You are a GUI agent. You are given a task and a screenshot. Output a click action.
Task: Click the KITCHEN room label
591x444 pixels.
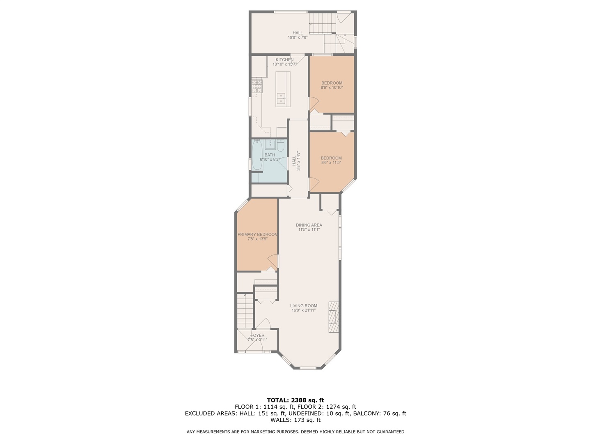pos(284,60)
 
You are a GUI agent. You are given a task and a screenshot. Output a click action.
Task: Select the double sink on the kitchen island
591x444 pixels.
pos(281,97)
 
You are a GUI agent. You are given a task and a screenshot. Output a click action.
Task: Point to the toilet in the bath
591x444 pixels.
pos(281,146)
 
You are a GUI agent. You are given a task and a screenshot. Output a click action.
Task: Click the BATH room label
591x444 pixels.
pos(270,155)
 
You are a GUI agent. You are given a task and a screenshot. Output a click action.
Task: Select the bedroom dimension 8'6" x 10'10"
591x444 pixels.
pos(331,88)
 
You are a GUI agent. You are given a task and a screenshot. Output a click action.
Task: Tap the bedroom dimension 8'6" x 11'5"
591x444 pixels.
pos(331,163)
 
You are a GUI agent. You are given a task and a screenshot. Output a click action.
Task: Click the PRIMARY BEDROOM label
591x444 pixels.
pos(257,234)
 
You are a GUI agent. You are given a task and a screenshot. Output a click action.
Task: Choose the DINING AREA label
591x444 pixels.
pos(309,225)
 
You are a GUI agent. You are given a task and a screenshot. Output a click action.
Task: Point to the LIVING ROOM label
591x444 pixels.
pos(303,305)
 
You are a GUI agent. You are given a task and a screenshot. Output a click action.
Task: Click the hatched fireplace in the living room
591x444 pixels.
pos(333,317)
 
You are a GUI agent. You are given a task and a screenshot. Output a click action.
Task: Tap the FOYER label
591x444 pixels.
pos(257,335)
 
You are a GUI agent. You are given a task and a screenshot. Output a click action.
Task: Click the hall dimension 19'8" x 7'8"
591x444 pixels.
pos(298,37)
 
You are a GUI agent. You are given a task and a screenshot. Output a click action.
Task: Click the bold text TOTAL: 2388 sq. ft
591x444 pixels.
pos(295,400)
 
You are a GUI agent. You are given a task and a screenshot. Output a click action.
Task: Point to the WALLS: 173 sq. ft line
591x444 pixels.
pos(295,420)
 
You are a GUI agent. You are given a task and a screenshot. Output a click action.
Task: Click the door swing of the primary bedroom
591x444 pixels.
pos(272,260)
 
